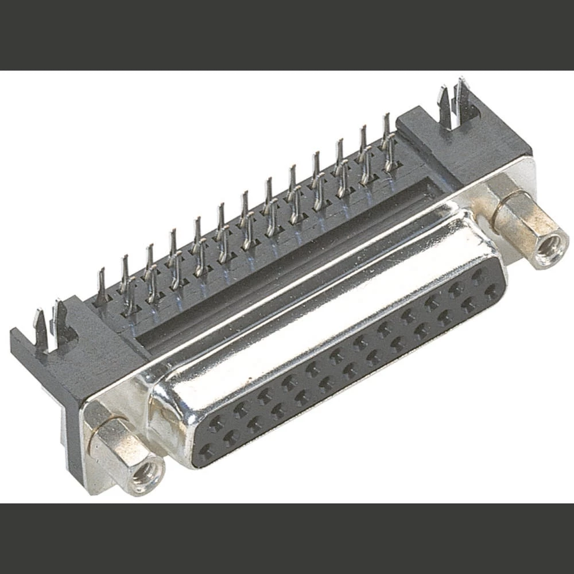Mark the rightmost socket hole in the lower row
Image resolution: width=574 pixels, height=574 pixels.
(491, 292)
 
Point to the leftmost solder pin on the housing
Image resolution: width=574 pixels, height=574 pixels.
(101, 287)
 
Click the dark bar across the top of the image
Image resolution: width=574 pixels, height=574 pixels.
(287, 34)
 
